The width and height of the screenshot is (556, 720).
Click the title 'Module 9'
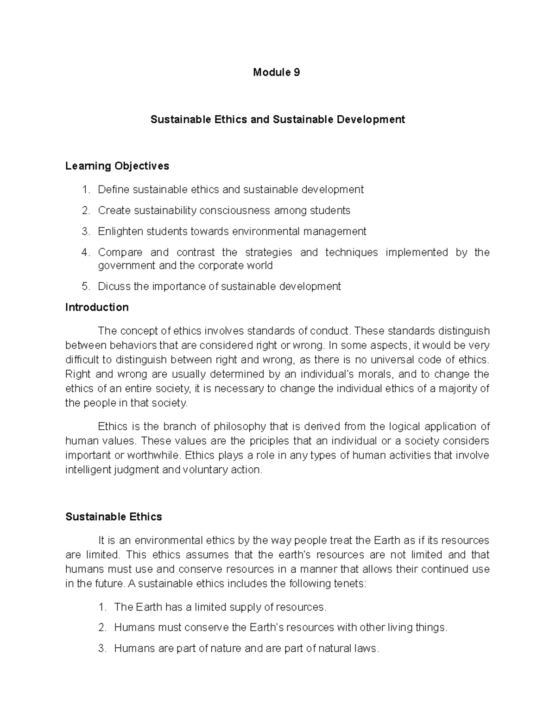276,72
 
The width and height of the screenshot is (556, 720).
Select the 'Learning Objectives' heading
117,166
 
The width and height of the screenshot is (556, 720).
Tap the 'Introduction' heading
97,307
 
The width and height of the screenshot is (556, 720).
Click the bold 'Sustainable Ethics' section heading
114,517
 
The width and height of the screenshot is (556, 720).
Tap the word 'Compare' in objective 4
120,253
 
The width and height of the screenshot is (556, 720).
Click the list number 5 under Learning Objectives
85,287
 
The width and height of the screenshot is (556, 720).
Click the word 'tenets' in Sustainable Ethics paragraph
348,584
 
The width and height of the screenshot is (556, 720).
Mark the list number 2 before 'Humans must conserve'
102,628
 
